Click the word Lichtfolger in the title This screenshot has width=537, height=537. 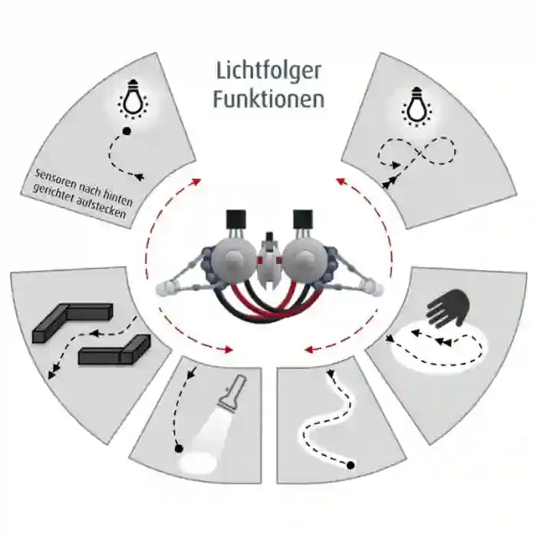point(268,71)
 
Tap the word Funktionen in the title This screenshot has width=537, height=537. point(268,100)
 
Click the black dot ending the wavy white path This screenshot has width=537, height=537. point(350,465)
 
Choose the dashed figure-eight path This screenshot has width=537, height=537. point(415,156)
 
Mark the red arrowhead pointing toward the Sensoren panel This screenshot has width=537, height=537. point(198,181)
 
